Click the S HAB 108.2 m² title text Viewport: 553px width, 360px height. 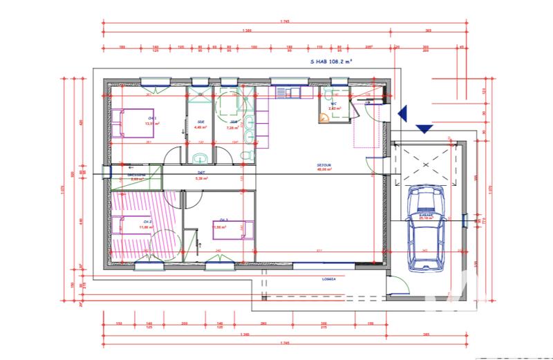click(332, 61)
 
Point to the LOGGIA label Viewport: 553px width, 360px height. click(328, 279)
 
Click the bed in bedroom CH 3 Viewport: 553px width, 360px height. click(232, 227)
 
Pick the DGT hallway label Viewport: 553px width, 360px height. click(202, 175)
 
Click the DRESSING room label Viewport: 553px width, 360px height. click(136, 176)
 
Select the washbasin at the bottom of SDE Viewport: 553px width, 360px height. click(200, 157)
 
